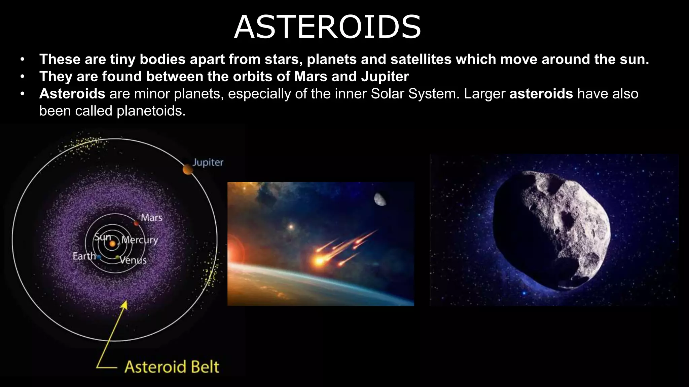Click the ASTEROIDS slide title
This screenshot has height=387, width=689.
point(327,27)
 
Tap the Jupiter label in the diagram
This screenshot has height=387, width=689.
point(208,163)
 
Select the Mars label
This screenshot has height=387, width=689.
point(151,218)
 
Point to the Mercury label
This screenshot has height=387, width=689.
point(140,240)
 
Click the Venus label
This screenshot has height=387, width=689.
point(133,260)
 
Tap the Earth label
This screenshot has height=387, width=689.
point(84,256)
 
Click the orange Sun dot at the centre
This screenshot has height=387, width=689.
point(112,244)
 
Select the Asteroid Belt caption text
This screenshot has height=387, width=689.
point(172,367)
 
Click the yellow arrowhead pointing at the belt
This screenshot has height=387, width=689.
point(124,304)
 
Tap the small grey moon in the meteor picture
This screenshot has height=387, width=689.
point(380,200)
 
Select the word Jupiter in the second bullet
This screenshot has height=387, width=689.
point(385,77)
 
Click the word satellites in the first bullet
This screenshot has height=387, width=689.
point(421,59)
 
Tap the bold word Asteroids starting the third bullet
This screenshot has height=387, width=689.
point(72,94)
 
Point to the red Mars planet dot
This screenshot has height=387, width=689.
point(136,223)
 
